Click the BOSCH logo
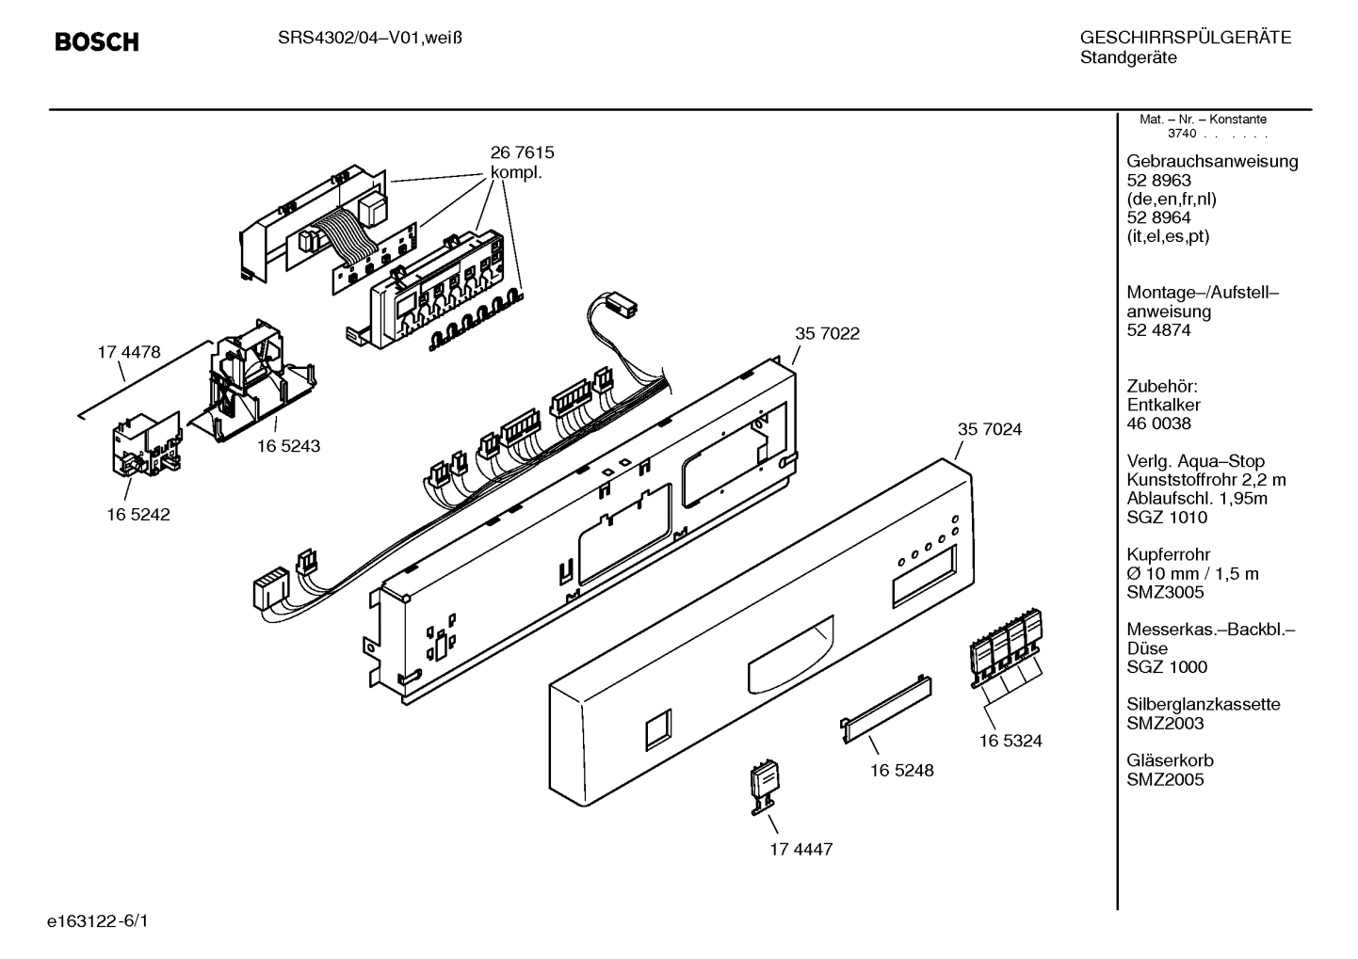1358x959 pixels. [97, 42]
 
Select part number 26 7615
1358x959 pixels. [522, 152]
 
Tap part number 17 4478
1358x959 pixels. [129, 353]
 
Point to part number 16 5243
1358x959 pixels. [288, 446]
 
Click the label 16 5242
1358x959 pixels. [138, 515]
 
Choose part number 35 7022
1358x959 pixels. [827, 333]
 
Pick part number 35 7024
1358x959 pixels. [989, 429]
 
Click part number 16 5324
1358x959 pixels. [1010, 741]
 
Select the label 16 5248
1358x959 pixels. [901, 770]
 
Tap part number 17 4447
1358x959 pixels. [800, 849]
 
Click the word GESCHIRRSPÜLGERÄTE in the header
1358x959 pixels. [1185, 39]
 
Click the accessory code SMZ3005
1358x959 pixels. [1165, 592]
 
